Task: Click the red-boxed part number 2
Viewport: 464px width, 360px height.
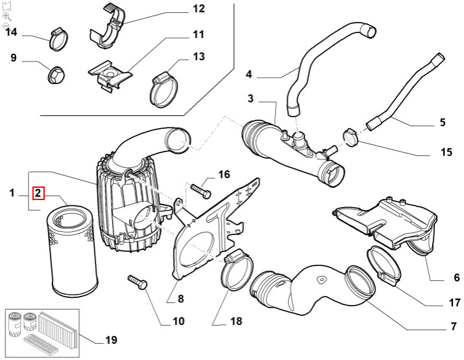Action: click(38, 193)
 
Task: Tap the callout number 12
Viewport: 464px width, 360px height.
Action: click(198, 9)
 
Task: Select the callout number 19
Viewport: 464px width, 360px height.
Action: click(111, 340)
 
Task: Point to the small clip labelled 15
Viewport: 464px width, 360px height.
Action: click(351, 137)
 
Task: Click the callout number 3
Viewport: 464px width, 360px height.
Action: click(251, 98)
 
